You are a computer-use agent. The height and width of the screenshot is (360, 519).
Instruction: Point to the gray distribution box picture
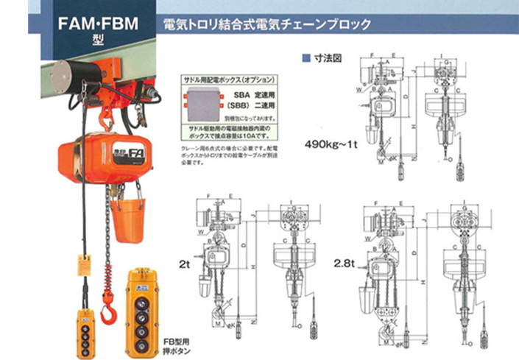coord(204,102)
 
